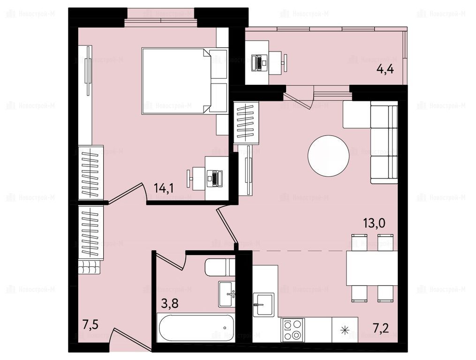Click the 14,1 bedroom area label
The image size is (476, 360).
(164, 188)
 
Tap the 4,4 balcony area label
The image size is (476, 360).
(385, 69)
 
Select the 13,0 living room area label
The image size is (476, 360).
(374, 223)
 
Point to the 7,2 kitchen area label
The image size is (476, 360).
(380, 328)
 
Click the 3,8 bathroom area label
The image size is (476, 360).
(169, 303)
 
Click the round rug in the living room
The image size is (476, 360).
(328, 156)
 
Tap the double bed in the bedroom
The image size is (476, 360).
(176, 81)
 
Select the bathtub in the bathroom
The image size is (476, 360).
(196, 328)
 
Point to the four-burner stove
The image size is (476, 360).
(293, 330)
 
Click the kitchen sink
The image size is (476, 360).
(264, 304)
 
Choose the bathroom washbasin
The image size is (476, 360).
(227, 294)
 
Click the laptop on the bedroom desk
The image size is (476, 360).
(214, 179)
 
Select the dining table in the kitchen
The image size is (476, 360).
(372, 268)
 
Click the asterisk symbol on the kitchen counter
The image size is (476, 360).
(345, 330)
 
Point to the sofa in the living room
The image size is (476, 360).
(384, 142)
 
